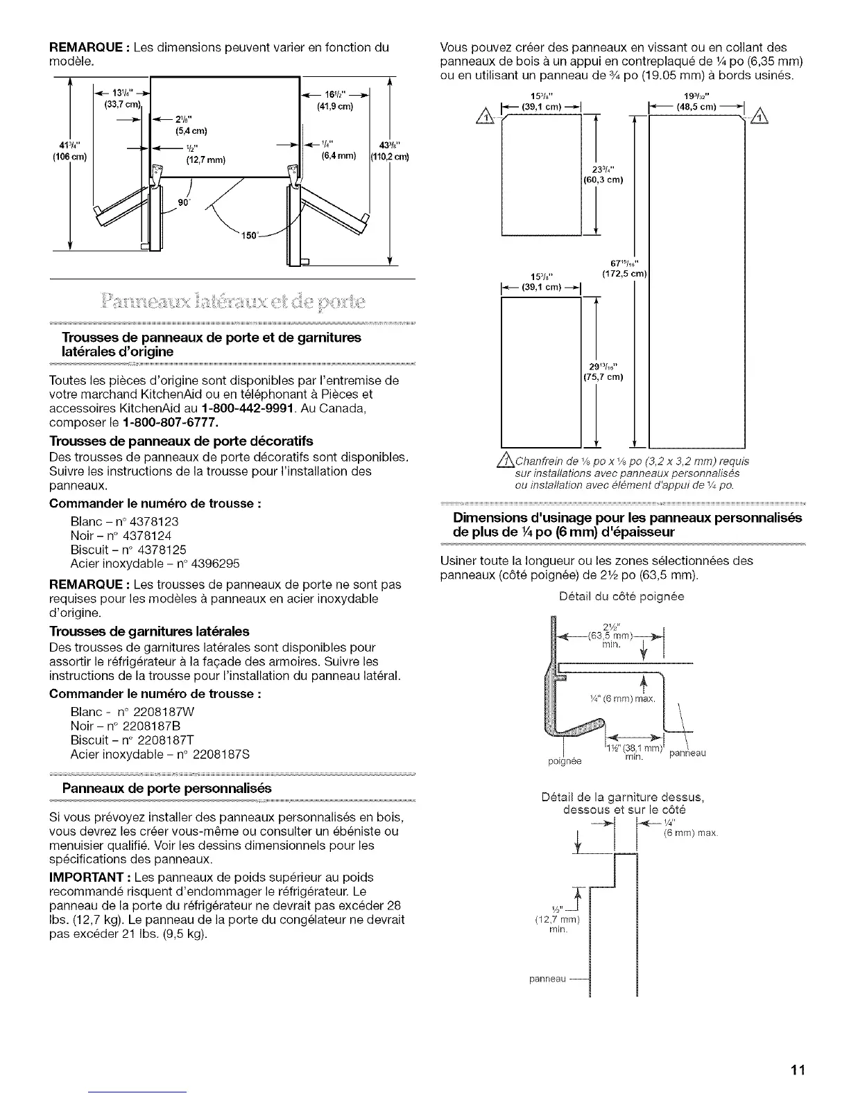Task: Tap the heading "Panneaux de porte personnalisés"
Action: (x=166, y=788)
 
